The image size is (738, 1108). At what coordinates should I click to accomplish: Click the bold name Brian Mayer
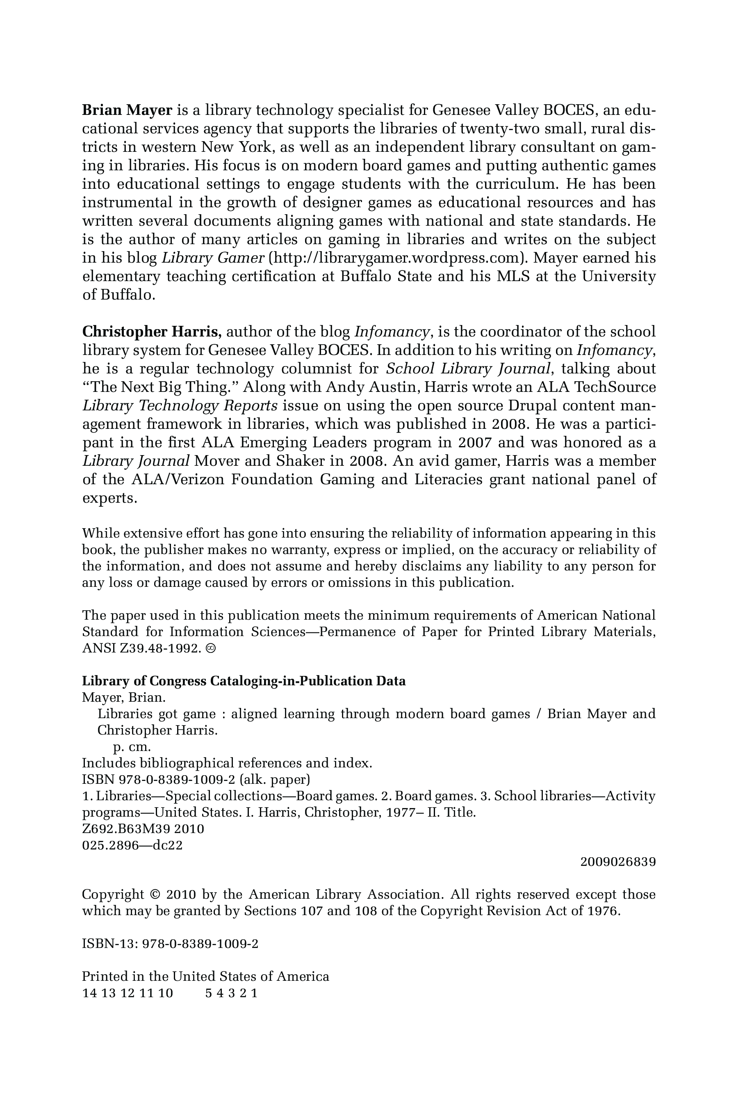pos(127,110)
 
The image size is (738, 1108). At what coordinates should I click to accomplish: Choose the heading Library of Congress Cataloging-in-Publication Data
pos(244,681)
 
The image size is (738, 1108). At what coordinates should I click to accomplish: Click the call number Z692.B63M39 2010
pos(143,829)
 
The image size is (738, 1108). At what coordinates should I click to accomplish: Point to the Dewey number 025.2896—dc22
pos(132,845)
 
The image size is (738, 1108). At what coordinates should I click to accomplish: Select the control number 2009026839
pos(618,862)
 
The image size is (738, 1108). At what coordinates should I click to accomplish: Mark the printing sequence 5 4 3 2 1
pos(232,993)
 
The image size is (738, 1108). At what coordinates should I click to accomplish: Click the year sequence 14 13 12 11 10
pos(128,993)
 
